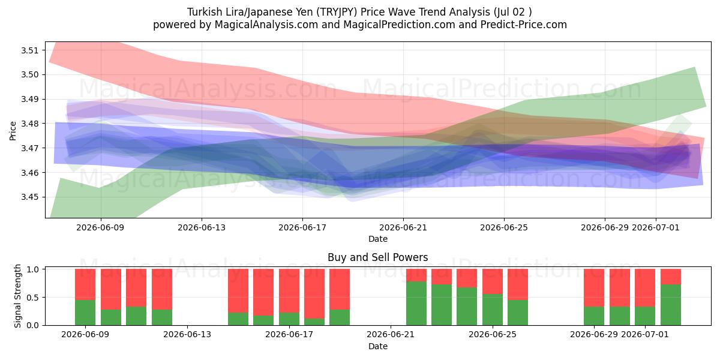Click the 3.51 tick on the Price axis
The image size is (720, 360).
coord(29,50)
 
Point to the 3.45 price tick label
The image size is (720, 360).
coord(29,197)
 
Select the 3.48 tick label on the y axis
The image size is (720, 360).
coord(29,124)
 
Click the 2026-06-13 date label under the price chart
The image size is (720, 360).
coord(202,227)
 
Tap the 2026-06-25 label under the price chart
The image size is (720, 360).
coord(504,227)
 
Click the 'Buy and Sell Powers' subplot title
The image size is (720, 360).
coord(377,257)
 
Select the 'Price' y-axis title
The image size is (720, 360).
coord(13,131)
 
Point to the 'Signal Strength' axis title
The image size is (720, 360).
coord(17,296)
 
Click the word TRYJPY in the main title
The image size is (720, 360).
coord(337,12)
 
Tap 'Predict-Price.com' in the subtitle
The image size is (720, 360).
coord(524,25)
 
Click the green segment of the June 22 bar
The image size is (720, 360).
coord(416,304)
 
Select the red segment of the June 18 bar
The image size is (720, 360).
coord(314,294)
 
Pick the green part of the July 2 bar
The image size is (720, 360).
coord(671,305)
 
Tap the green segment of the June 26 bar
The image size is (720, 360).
coord(518,313)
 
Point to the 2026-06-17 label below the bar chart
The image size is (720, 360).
coord(289,334)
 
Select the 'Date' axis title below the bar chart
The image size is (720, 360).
coord(377,347)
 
